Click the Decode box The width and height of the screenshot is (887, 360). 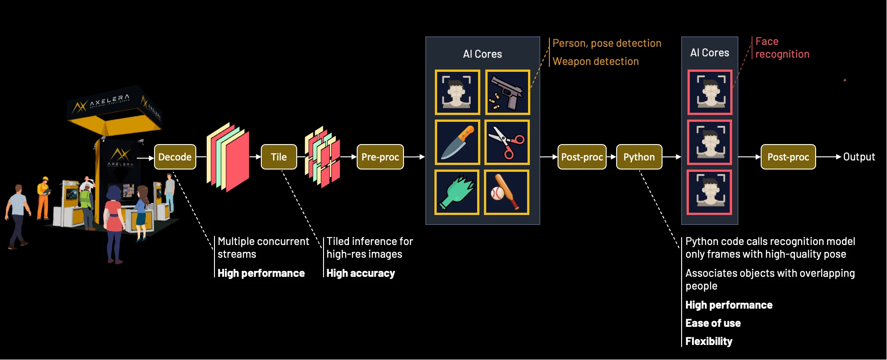[x=175, y=157]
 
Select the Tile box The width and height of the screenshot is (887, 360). [x=279, y=157]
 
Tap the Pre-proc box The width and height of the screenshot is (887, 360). [x=380, y=157]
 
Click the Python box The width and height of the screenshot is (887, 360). [x=639, y=157]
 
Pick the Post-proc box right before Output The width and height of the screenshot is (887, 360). [x=788, y=157]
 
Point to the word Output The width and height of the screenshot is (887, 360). [x=859, y=157]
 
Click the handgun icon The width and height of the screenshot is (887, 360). [x=507, y=92]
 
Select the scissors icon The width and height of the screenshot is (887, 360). [x=507, y=142]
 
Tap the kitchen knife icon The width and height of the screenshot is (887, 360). [x=457, y=142]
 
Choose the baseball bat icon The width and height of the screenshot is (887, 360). [x=506, y=192]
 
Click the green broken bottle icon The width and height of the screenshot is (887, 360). [x=457, y=192]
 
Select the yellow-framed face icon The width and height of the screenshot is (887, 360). [x=457, y=92]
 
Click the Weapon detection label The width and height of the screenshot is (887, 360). [x=595, y=61]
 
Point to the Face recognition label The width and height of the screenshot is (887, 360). [x=782, y=48]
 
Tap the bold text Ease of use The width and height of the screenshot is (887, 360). [x=713, y=323]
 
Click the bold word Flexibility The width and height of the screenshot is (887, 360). [x=708, y=341]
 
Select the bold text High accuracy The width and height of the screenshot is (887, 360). [x=360, y=273]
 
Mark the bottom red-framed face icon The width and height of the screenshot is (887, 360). [x=709, y=192]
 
